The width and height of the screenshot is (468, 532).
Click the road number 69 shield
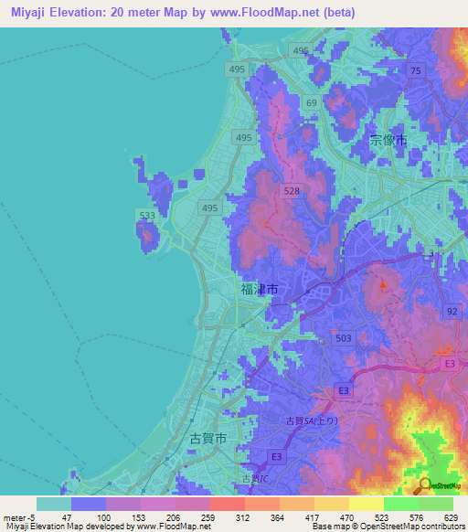click(312, 103)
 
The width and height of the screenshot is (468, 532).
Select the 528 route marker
click(292, 191)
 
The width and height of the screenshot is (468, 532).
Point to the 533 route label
click(145, 216)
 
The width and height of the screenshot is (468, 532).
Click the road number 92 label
click(451, 312)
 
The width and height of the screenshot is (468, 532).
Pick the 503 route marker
click(344, 338)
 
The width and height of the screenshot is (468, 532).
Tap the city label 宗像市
click(388, 141)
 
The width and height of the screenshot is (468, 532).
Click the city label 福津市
click(259, 289)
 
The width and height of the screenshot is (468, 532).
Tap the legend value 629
click(452, 517)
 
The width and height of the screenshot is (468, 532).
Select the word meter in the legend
click(16, 517)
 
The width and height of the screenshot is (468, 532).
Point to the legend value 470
click(346, 517)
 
